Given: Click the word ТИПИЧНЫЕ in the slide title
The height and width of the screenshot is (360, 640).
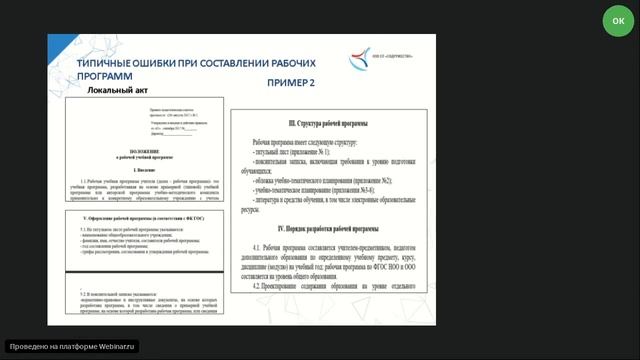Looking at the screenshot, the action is pos(109,63).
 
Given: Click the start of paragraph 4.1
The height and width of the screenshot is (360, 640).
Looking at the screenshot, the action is pos(258,246).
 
